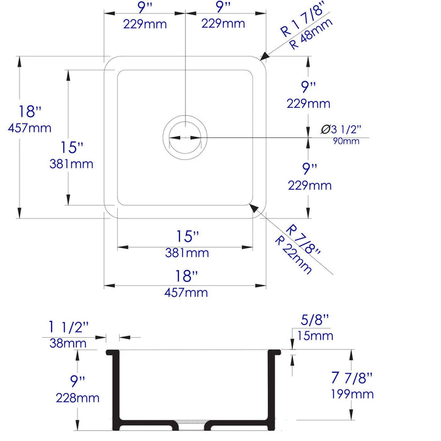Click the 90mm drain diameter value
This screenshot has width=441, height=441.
346,140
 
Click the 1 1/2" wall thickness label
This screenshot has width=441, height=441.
69,328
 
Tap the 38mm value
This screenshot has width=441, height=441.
69,343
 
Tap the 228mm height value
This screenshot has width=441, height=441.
77,398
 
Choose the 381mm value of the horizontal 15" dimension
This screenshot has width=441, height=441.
188,253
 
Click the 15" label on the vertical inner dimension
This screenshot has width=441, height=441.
72,147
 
